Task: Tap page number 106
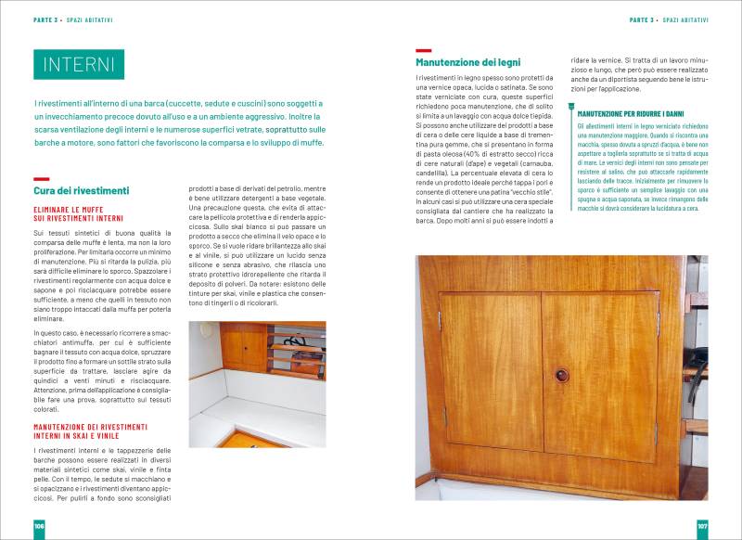coord(40,525)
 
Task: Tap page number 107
coord(702,525)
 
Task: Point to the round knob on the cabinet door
coord(560,376)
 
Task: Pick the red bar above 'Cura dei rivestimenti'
coord(40,178)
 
